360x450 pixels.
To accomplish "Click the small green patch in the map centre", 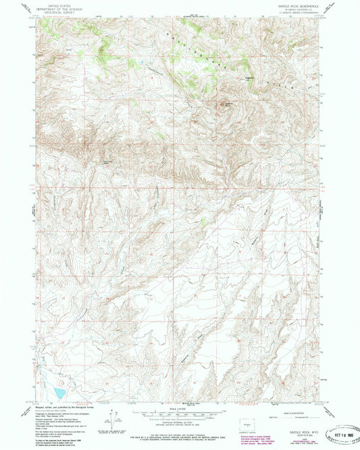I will pos(202,221).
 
